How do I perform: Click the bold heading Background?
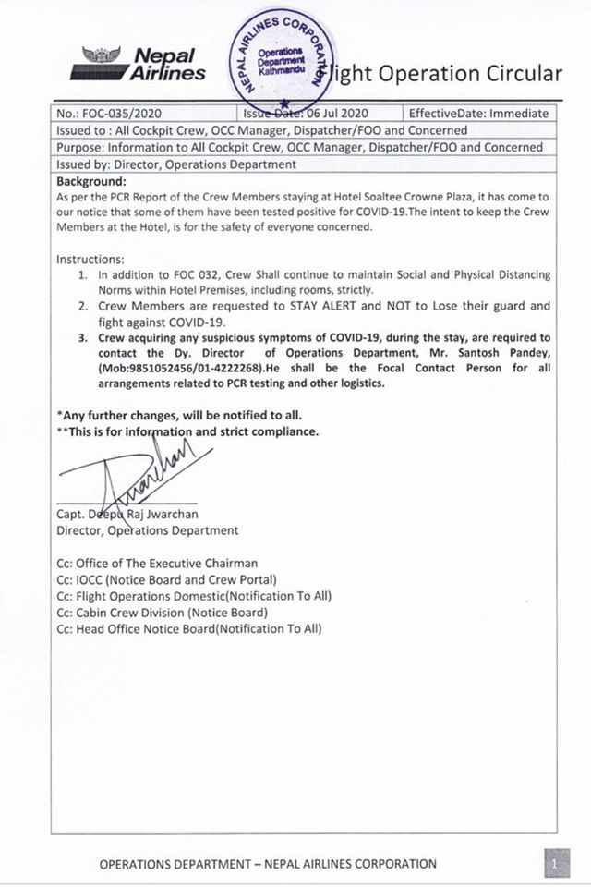point(91,181)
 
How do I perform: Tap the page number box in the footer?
point(553,865)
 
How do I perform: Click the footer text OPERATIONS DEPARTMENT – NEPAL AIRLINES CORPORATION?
point(268,864)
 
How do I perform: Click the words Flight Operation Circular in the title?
point(448,73)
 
